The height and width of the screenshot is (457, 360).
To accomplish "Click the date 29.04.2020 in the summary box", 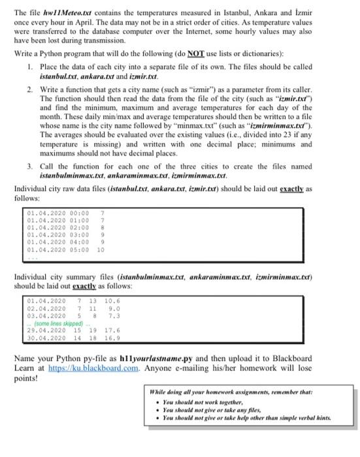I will (x=47, y=330).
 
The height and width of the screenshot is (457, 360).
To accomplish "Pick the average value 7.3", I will (x=112, y=317).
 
